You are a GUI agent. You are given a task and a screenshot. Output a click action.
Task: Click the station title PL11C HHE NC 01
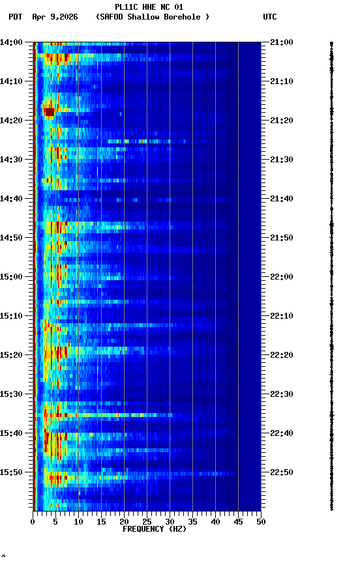coord(149,7)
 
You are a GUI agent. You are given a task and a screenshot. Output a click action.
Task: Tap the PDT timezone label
coord(16,17)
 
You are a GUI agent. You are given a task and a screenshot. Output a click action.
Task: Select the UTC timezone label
coord(270,17)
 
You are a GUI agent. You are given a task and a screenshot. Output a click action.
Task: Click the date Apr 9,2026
coord(55,17)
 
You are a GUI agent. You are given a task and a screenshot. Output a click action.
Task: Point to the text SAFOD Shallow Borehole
coord(153,17)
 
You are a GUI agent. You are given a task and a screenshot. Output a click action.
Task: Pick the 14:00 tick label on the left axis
coord(11,42)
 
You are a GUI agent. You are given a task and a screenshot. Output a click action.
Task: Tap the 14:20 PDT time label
coord(11,121)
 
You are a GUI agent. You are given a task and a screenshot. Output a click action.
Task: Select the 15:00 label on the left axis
coord(11,277)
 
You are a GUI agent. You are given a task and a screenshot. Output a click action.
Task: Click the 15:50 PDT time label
coord(11,472)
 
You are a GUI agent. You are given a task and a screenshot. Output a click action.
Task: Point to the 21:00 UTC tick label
coord(282,42)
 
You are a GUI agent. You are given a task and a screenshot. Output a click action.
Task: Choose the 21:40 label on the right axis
coord(282,199)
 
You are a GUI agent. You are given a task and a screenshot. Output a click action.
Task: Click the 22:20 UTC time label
coord(282,355)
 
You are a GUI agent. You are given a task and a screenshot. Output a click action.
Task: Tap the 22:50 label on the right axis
coord(282,472)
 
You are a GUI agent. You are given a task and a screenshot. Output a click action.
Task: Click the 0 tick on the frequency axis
coord(33,521)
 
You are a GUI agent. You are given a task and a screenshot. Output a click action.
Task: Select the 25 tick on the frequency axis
coord(147,521)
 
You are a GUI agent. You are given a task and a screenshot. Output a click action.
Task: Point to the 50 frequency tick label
coord(261,521)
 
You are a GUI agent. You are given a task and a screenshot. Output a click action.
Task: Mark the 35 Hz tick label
coord(192,521)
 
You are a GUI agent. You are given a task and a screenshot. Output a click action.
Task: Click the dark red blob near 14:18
coord(49,112)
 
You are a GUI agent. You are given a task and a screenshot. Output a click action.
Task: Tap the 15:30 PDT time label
coord(11,394)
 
